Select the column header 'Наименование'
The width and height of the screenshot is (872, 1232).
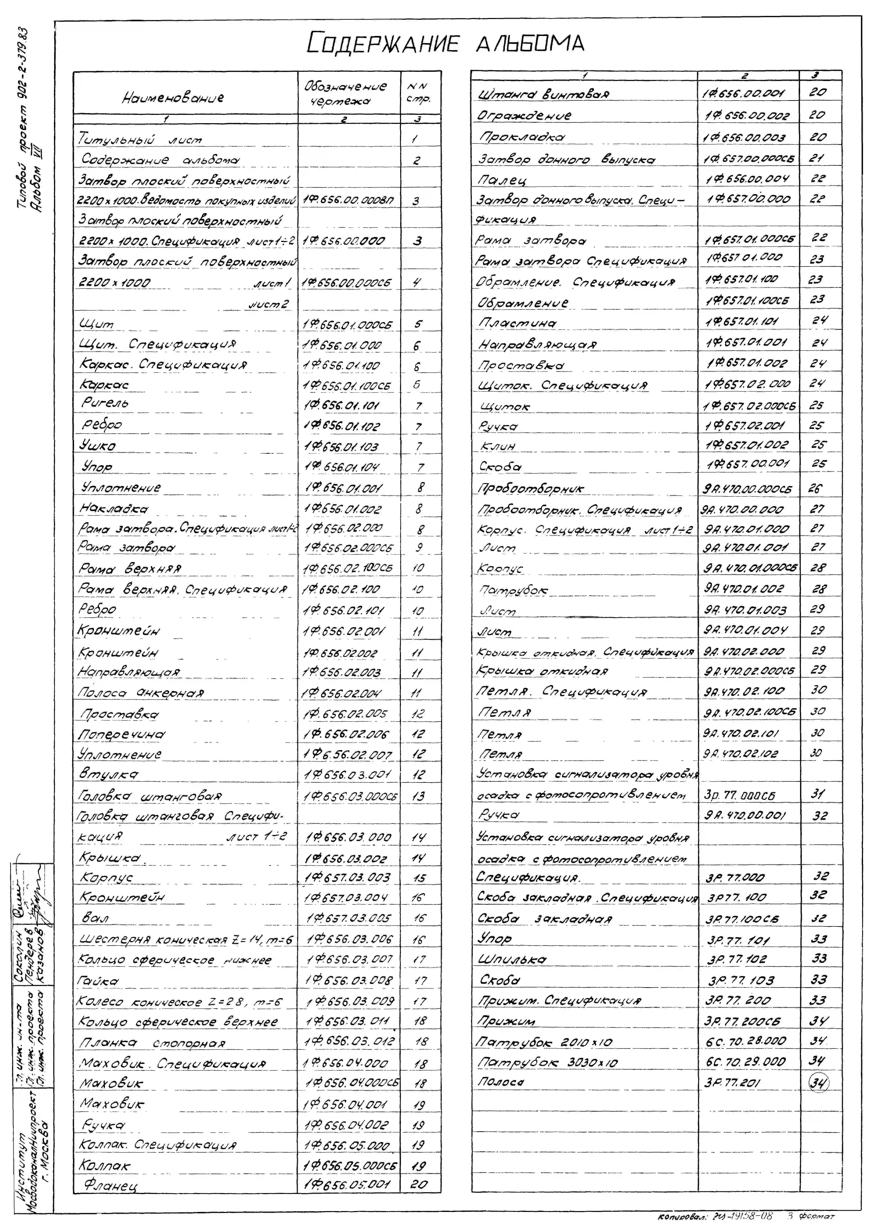[173, 98]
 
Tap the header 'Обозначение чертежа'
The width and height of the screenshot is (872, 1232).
[345, 93]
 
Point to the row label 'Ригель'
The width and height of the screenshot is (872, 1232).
[105, 403]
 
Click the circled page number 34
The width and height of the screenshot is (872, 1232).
[818, 1083]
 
